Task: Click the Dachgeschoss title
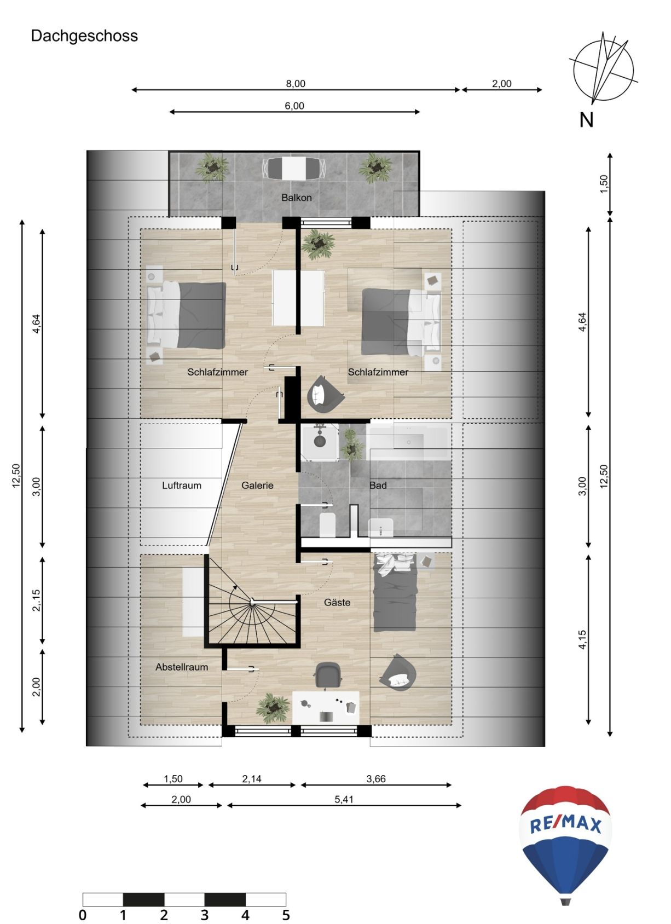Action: (84, 36)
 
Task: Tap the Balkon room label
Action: (296, 198)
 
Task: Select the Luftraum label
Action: (182, 486)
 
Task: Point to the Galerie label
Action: (257, 486)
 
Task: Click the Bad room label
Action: (378, 486)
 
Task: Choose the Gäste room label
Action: (337, 603)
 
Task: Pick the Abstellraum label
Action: (182, 667)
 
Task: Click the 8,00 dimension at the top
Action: (296, 84)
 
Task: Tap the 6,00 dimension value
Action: (294, 106)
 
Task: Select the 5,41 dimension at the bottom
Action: (344, 800)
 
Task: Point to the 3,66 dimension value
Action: (376, 779)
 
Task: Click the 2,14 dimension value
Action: (252, 779)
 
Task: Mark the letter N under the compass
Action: (586, 120)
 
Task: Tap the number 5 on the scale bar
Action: (286, 915)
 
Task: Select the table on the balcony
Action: (294, 168)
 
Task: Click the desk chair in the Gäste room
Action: (328, 675)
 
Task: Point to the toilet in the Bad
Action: (327, 525)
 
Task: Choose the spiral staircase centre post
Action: (252, 602)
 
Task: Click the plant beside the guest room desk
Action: (273, 708)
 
